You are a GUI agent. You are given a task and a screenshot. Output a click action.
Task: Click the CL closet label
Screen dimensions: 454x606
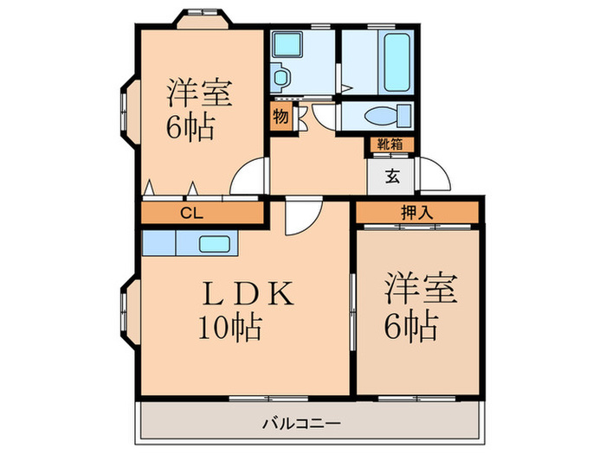(x=192, y=214)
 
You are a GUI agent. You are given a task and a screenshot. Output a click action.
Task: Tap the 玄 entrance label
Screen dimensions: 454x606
(x=391, y=177)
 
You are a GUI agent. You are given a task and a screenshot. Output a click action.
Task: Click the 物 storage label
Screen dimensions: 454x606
(x=281, y=116)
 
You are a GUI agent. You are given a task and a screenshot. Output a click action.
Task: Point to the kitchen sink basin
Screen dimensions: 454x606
(x=215, y=243)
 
